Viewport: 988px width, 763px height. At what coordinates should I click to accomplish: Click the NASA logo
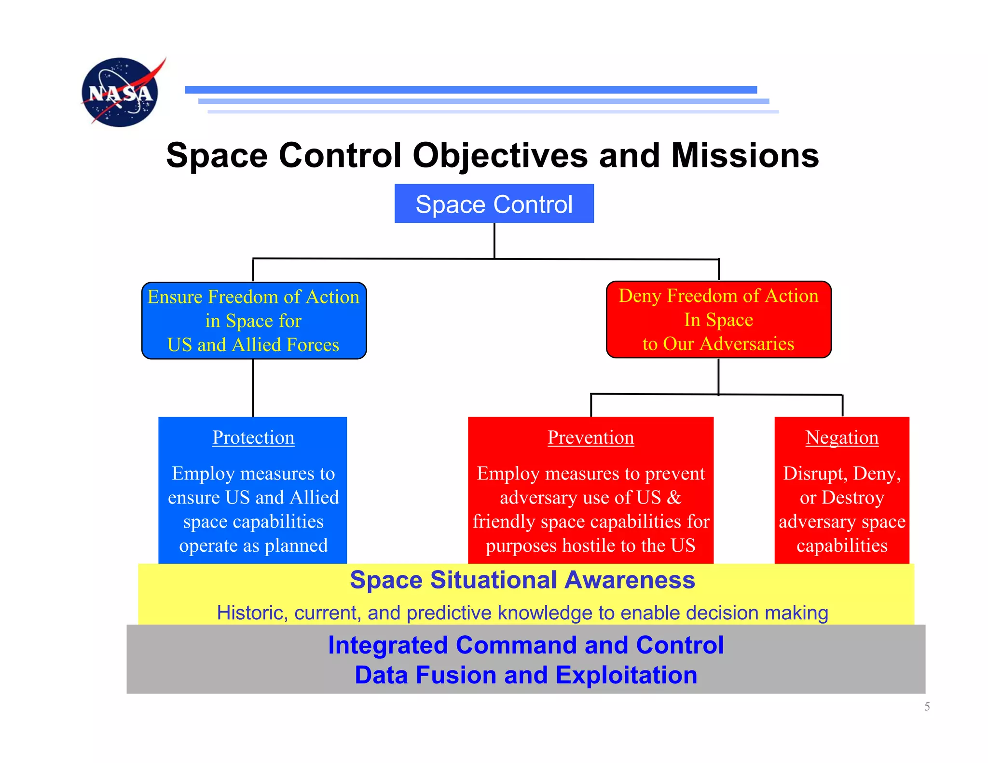[121, 92]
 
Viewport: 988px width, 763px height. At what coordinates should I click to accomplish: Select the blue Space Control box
[494, 204]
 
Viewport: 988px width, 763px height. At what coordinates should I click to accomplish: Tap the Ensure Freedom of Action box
[254, 321]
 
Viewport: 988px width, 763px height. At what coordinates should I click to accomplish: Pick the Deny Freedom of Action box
[718, 320]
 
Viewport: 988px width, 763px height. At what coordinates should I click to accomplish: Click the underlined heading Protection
[253, 437]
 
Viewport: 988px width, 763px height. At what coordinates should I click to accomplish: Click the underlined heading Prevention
[590, 437]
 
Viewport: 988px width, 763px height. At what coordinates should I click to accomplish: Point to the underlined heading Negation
[842, 437]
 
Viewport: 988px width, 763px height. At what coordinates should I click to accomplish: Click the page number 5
[927, 707]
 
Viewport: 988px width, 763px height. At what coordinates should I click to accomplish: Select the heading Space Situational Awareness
[522, 580]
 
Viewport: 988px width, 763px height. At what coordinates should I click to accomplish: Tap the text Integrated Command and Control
[526, 645]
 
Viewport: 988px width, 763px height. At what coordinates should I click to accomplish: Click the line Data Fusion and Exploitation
[526, 675]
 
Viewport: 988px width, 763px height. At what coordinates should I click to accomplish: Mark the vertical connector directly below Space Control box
[494, 240]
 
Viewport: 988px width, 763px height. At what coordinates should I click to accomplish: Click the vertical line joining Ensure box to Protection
[253, 388]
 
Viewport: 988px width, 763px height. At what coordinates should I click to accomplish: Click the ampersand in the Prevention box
[673, 498]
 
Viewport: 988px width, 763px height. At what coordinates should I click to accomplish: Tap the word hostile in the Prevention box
[589, 546]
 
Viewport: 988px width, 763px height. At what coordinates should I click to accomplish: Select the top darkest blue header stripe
[471, 90]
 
